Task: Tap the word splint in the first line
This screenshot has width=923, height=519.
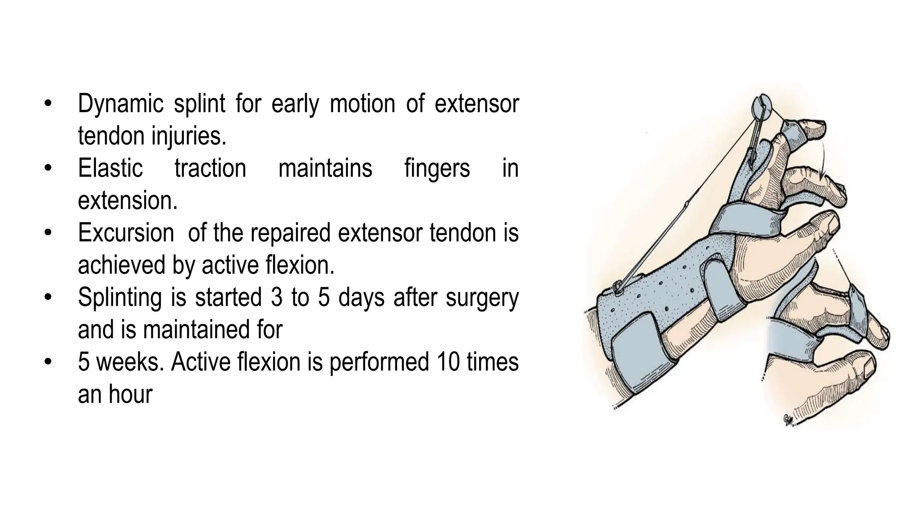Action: (199, 103)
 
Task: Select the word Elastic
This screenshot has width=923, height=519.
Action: (110, 168)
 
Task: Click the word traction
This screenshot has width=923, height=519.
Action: (210, 168)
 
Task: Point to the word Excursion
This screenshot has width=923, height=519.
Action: (126, 233)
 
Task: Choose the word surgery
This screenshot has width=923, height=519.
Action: (482, 298)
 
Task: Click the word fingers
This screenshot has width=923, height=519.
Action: (437, 168)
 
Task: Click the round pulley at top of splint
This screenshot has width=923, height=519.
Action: (762, 105)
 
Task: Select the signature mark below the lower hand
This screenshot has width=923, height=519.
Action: (789, 419)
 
